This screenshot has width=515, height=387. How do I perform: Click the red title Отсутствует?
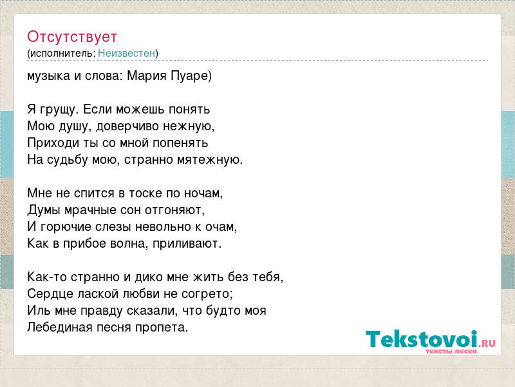click(x=72, y=37)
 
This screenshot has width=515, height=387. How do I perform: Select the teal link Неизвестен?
click(x=126, y=54)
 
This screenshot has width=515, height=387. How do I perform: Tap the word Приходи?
click(x=51, y=143)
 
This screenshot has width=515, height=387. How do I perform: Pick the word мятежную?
click(x=210, y=160)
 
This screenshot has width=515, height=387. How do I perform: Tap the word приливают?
click(x=187, y=244)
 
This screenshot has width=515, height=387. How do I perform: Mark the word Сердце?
click(x=50, y=294)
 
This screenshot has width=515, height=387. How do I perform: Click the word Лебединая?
click(x=60, y=328)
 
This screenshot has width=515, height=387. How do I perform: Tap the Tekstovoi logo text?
click(x=430, y=339)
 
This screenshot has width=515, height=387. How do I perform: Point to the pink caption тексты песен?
click(x=451, y=351)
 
